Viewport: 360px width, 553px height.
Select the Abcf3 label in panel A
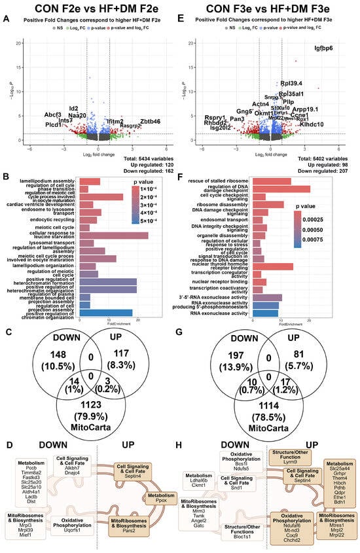point(54,115)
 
